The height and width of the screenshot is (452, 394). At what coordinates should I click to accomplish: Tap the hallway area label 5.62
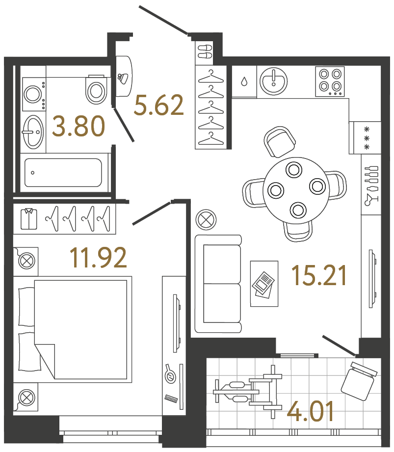coord(159,106)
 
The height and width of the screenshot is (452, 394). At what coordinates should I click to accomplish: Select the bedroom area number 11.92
coord(98,258)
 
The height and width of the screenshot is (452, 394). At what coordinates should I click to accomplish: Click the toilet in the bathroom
coord(96,89)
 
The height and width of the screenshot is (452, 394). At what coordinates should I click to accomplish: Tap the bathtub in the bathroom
coord(63,172)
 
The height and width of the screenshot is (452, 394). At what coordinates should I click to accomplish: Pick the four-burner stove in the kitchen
coord(330,81)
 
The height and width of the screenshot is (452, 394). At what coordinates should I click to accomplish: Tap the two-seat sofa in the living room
coord(218,284)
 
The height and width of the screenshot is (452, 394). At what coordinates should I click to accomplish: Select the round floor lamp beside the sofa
coord(206,219)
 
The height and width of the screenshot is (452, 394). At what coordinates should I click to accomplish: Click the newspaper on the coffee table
coord(263,284)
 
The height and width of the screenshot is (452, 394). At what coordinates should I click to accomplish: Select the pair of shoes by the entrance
coord(205,51)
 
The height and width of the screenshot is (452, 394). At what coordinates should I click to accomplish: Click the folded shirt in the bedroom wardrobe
coord(29,219)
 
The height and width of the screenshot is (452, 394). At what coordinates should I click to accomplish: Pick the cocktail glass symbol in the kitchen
coord(369,198)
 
